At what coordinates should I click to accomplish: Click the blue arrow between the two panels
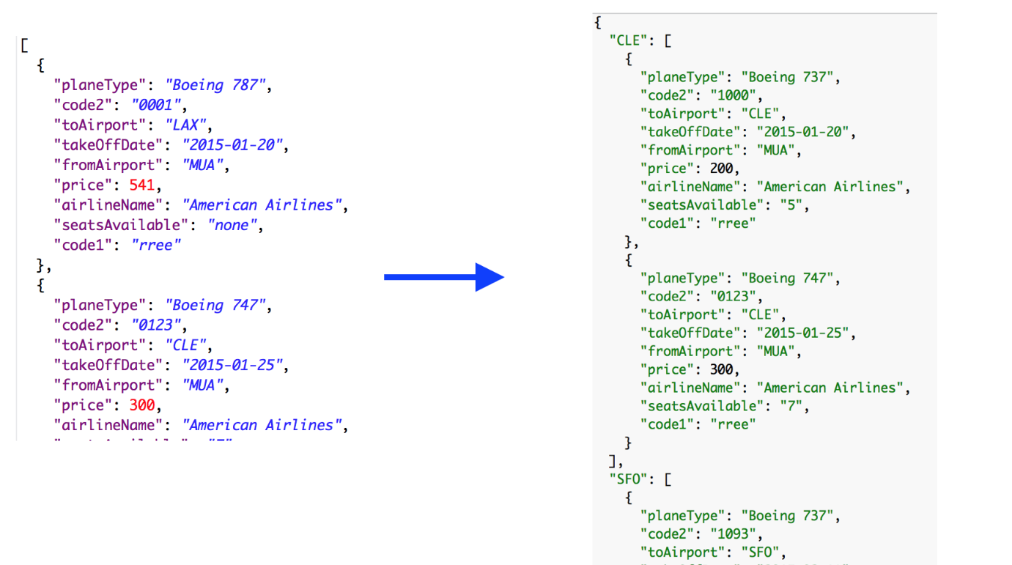444,276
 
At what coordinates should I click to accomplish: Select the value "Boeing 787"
211,86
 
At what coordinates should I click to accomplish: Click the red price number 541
141,185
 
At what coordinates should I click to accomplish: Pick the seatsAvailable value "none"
232,226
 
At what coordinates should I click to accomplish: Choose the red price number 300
141,405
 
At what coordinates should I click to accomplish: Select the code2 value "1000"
736,95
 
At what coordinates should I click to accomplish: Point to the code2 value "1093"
736,534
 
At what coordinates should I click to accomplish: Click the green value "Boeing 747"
788,278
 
